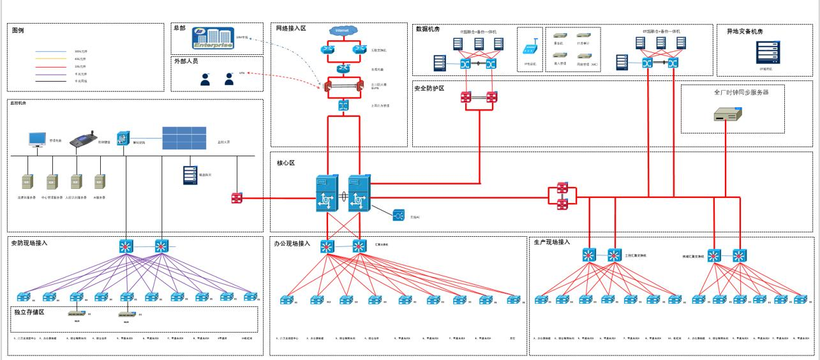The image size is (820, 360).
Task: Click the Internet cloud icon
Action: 341,31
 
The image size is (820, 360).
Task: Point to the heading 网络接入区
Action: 291,29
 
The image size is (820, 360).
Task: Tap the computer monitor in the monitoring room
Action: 38,140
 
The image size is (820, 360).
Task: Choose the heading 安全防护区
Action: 429,89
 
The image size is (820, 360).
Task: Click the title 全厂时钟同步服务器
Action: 740,93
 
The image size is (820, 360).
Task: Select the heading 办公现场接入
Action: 292,244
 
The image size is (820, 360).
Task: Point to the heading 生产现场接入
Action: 551,242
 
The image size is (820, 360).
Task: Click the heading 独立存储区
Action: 29,312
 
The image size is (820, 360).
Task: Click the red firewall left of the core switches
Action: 237,198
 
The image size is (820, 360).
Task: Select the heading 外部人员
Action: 186,61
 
